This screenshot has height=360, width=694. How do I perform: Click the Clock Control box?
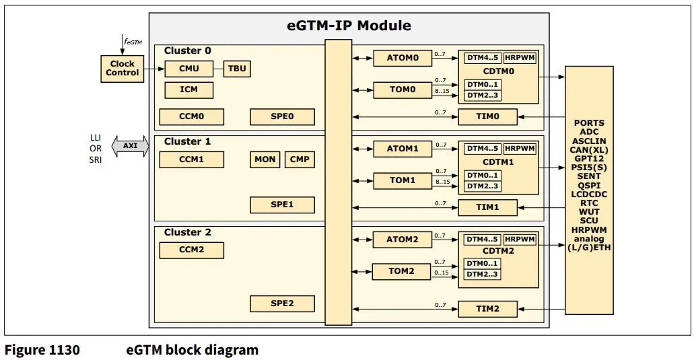pos(122,68)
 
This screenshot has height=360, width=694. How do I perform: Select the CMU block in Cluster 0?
pos(188,69)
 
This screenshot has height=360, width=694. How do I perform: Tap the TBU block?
pos(237,69)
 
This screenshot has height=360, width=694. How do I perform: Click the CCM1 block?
pos(191,159)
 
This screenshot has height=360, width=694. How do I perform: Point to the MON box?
pos(265,159)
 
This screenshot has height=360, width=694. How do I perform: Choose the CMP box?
pos(299,159)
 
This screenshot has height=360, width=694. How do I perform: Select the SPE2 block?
pos(282,303)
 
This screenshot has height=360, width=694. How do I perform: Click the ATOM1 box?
pos(403,148)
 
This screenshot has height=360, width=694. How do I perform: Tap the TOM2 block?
pos(403,272)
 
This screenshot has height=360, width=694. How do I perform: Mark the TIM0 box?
pos(487,116)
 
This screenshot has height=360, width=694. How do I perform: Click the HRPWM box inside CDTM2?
pos(520,239)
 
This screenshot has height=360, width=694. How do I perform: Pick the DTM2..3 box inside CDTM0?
pos(482,96)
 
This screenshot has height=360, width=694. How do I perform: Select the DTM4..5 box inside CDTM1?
pos(482,148)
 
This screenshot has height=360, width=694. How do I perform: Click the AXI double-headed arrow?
pos(130,145)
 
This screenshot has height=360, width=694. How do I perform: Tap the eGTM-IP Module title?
pos(349,26)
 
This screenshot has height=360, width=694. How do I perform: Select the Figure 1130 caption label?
pos(42,350)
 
